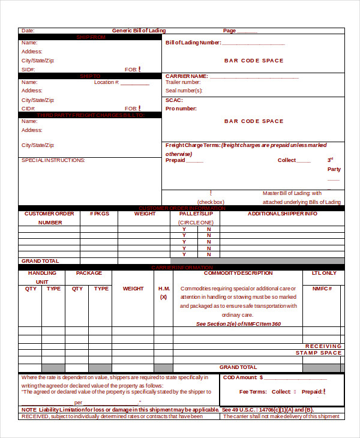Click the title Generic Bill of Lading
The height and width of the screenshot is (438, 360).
139,31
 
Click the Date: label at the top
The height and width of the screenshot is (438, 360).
28,31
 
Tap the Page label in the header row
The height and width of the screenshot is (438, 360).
229,31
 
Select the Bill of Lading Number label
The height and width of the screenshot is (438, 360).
193,43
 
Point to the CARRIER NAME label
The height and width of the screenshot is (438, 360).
187,76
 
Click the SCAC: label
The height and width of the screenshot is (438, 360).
174,100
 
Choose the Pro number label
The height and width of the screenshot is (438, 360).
181,109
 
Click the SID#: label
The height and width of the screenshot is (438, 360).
28,70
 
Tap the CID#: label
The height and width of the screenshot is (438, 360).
28,109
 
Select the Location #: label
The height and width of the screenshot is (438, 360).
107,82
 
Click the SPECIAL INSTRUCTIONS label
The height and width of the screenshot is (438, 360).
53,160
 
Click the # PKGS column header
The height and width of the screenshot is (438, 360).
99,214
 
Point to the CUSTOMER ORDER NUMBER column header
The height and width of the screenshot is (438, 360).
50,218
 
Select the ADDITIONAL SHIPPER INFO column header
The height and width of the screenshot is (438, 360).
283,214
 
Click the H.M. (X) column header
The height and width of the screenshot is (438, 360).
163,292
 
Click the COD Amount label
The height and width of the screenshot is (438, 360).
242,377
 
